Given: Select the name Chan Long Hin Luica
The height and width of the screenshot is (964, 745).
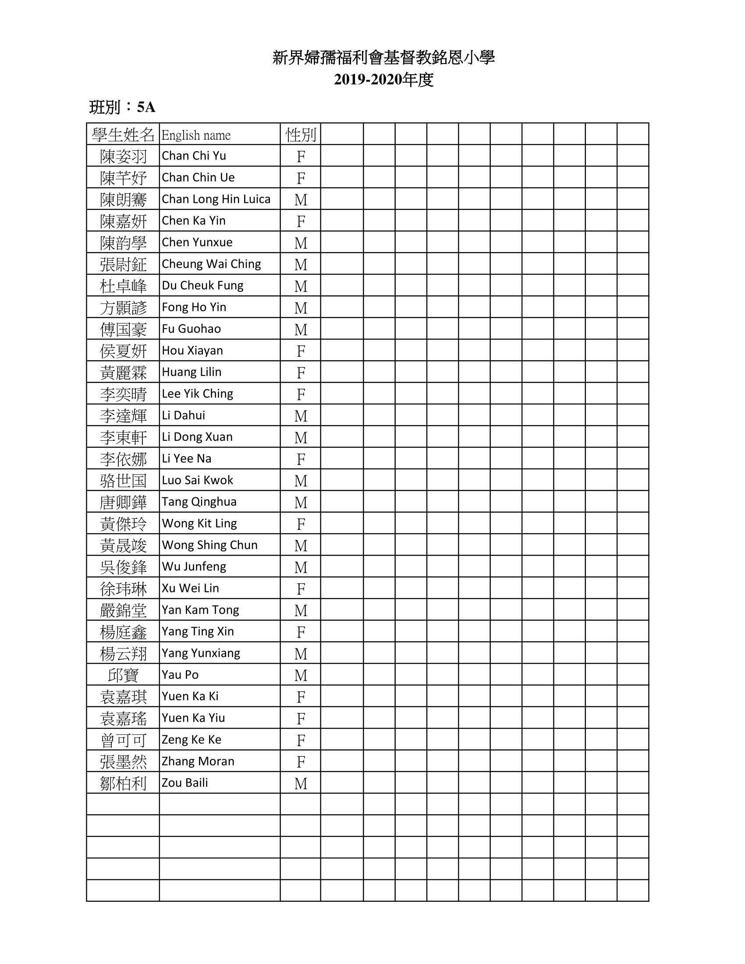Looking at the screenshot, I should tap(216, 199).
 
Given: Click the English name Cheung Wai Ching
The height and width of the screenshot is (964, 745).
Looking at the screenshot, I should tap(211, 264).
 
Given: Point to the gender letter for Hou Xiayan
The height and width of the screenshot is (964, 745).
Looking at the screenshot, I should tap(301, 351).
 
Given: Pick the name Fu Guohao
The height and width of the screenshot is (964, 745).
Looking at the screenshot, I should tap(191, 329).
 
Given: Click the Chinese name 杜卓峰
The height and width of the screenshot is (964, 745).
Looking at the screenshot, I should tap(123, 286).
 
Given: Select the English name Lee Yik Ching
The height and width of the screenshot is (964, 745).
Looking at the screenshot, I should tap(197, 394).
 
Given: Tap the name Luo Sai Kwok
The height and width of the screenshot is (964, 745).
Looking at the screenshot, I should tap(197, 480).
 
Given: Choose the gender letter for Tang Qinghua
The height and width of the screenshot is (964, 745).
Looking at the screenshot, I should tap(301, 502).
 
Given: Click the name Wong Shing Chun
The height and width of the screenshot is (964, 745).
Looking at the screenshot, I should tap(209, 545).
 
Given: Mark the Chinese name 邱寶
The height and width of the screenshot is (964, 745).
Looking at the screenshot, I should tap(123, 675).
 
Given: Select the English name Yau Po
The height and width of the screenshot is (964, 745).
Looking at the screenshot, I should tap(180, 675).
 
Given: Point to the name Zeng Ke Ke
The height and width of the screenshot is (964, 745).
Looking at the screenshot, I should tap(192, 740).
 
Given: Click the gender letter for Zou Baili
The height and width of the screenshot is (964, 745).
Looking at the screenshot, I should tap(301, 783).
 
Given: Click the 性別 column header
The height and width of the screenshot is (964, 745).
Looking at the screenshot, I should tap(301, 135).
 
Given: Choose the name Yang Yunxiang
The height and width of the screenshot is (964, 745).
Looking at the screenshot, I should tap(201, 653).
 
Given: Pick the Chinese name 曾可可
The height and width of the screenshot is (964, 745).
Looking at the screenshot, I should tap(123, 740).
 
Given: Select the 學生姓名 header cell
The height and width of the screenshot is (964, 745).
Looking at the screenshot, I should tap(123, 135).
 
